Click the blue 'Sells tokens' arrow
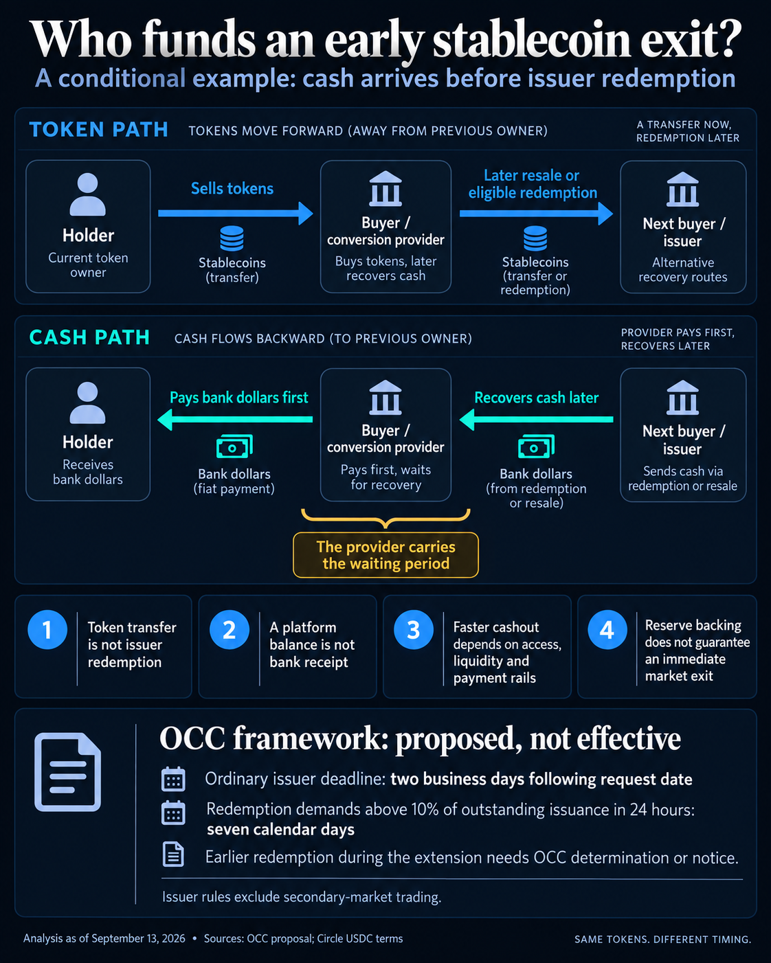pos(236,213)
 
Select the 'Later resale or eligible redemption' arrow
pos(537,214)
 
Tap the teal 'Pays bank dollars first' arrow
pos(235,419)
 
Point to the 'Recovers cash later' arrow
pos(537,419)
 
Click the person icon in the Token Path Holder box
pos(88,194)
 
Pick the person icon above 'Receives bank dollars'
pos(88,403)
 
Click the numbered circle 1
pos(47,630)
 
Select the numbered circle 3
pos(413,630)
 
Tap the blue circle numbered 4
pos(607,630)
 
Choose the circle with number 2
pos(230,630)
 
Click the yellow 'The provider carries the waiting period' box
pos(386,555)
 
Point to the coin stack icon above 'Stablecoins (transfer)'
pos(232,238)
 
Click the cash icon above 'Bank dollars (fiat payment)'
pos(234,446)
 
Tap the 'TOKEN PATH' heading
pos(98,130)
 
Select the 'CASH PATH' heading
pos(89,337)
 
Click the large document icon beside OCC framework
pos(67,772)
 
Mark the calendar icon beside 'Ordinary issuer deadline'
pos(173,779)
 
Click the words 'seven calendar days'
pos(281,830)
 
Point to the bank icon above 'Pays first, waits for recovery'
pos(385,398)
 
